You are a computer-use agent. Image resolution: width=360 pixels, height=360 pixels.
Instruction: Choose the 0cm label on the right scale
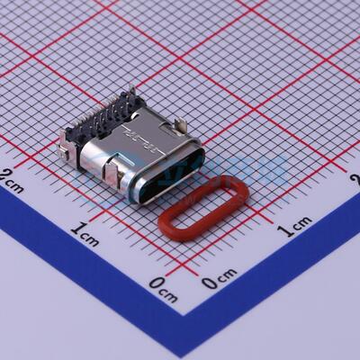tap(220, 280)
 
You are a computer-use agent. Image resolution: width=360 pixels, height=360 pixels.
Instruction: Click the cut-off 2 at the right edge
tap(355, 180)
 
